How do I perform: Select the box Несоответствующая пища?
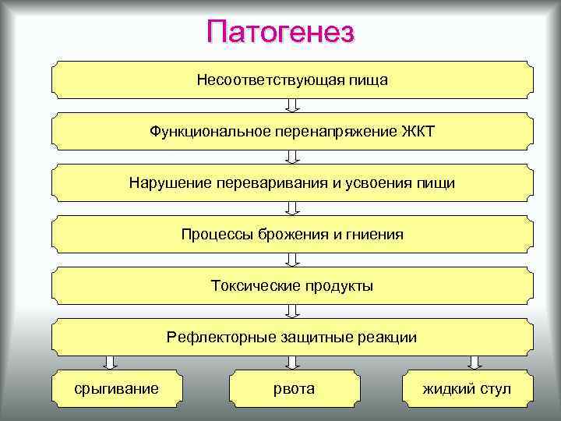292,80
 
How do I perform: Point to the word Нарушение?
164,182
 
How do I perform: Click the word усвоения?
367,182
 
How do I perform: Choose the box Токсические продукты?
292,285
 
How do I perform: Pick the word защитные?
321,337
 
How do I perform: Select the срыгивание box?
116,388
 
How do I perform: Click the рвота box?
294,388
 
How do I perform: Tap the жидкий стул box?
467,388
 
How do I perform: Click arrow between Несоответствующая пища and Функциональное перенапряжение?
292,105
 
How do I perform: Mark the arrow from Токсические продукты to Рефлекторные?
292,311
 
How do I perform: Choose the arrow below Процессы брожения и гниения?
292,260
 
